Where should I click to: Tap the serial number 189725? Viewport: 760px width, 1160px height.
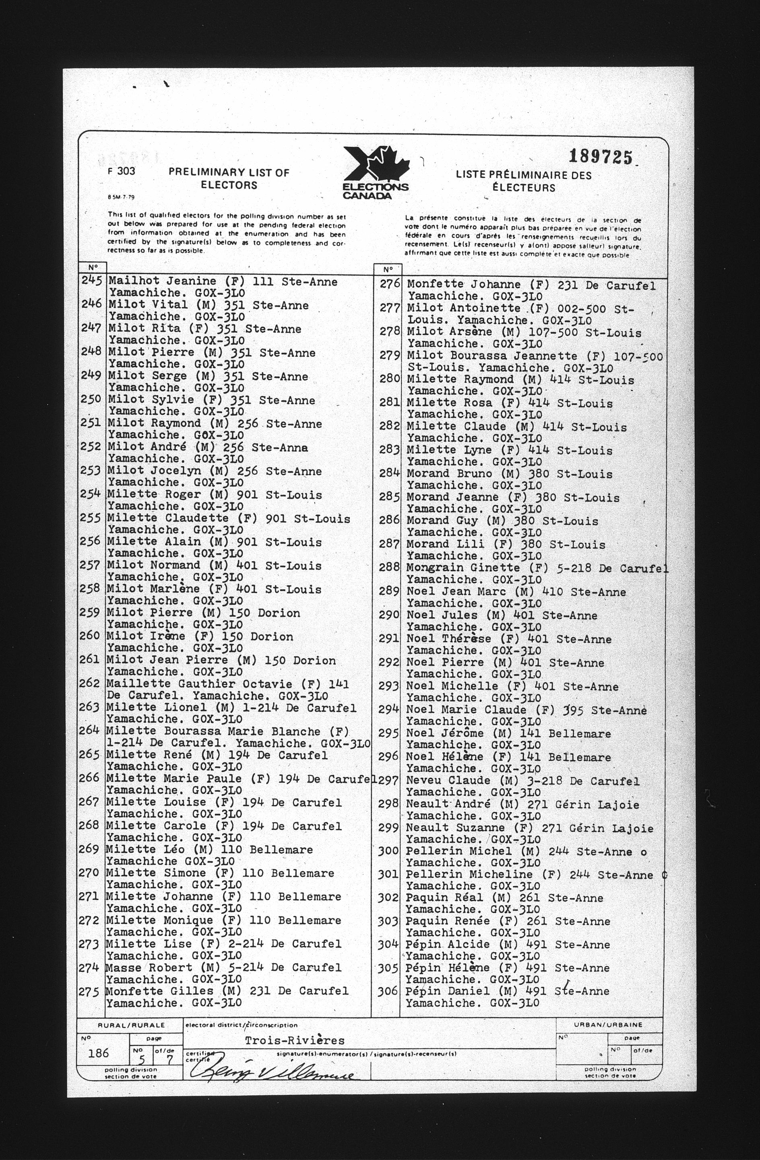point(601,157)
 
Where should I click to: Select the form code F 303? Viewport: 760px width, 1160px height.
point(121,172)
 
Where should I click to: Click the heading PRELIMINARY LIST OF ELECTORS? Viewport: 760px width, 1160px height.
point(229,178)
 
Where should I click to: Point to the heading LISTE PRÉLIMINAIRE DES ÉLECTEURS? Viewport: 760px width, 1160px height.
point(524,181)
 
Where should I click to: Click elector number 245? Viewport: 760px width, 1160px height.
point(92,281)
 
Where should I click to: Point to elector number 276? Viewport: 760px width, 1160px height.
point(390,284)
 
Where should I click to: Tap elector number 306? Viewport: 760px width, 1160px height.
point(388,991)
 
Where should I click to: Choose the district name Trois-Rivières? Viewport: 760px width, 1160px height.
point(294,1041)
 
